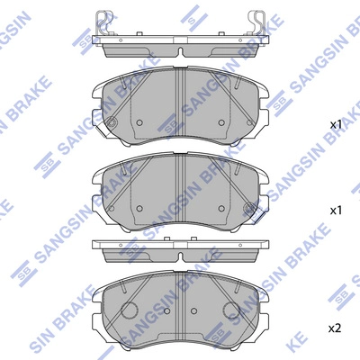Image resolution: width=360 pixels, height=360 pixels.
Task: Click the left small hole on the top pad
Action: [x=139, y=124]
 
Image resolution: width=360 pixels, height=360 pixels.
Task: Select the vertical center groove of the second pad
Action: [x=181, y=184]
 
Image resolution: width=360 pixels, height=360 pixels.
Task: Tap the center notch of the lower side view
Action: [x=181, y=255]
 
